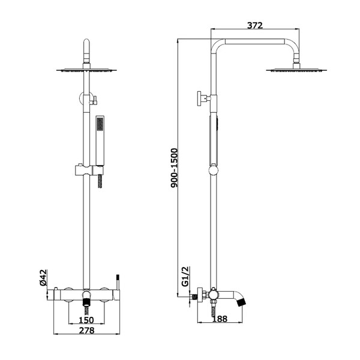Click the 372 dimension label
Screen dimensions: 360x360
click(255, 25)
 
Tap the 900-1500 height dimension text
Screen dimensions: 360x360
click(174, 168)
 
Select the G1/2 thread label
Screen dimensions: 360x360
click(185, 277)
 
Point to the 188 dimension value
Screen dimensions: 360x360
click(220, 319)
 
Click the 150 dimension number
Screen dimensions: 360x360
click(86, 320)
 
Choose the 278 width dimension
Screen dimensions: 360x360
click(87, 330)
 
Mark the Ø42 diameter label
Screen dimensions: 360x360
click(43, 278)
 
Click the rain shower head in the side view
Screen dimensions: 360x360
click(296, 70)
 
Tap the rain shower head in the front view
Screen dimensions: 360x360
click(86, 70)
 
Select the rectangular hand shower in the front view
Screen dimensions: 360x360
click(100, 140)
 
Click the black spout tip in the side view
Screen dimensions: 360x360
click(241, 302)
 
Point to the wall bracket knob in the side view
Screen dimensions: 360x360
click(199, 98)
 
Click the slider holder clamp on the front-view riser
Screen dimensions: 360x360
click(89, 170)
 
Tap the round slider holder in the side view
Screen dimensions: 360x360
click(214, 170)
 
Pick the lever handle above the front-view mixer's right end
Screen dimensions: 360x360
click(118, 282)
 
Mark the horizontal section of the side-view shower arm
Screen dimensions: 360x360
click(255, 41)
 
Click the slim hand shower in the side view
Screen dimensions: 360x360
click(214, 141)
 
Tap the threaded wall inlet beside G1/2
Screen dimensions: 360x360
click(194, 297)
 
